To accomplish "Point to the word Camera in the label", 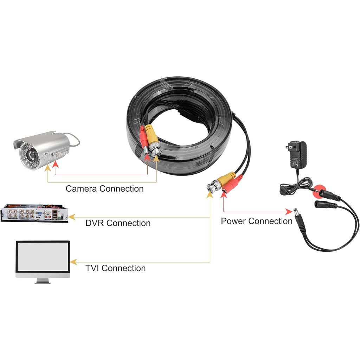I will point(81,189).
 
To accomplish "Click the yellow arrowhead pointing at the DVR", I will point(71,217).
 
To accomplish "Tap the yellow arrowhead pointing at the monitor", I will point(73,262).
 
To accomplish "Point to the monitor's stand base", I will point(43,282).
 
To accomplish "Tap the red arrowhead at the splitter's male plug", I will point(289,212).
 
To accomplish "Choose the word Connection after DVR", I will point(128,223).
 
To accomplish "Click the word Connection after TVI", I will point(123,268).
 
